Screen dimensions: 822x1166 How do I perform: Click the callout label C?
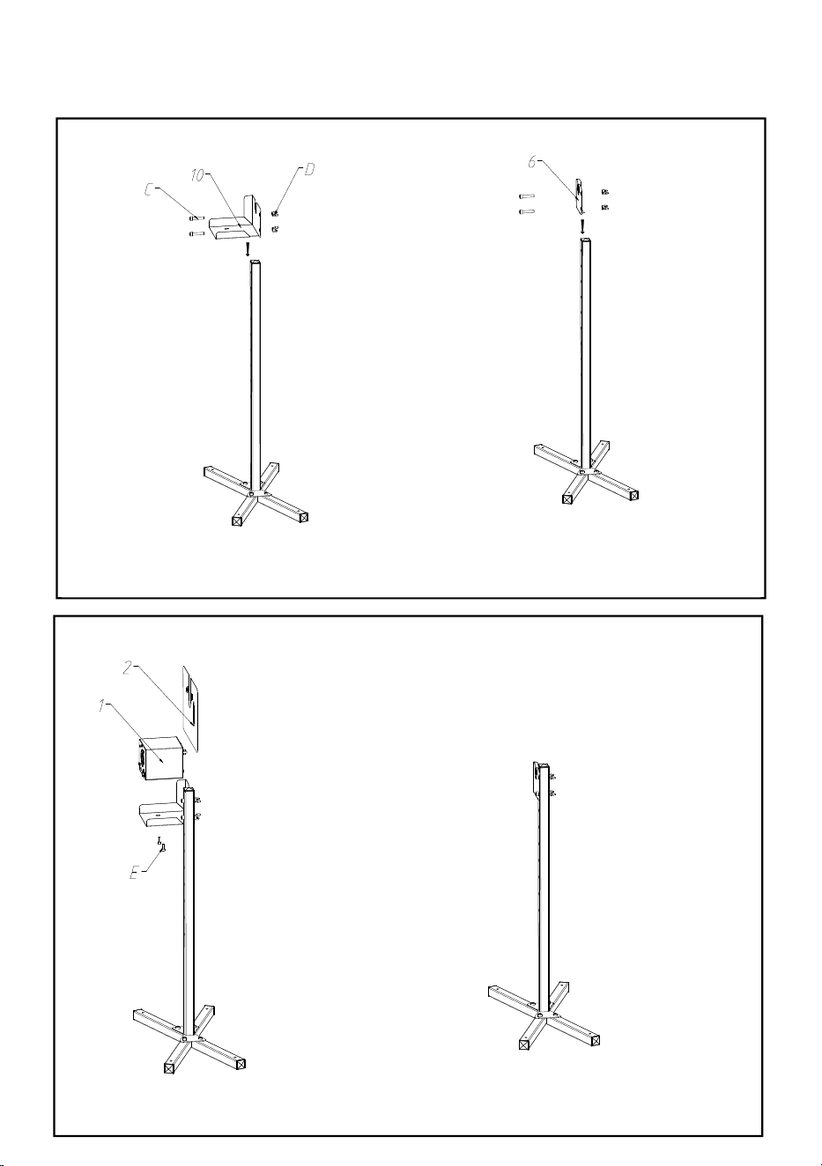pos(150,190)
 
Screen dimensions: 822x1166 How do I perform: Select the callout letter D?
pos(309,169)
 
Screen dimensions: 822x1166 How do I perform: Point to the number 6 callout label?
pos(531,162)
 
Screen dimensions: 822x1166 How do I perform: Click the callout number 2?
pos(127,668)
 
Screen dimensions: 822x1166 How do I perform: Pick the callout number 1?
pos(101,705)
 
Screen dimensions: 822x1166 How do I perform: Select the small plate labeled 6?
pos(580,196)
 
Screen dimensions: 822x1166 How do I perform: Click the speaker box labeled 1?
pos(160,758)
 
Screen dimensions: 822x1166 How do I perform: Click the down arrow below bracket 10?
pos(248,249)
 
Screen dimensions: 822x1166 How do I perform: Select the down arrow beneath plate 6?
pos(582,226)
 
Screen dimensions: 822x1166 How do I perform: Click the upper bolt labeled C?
pos(196,218)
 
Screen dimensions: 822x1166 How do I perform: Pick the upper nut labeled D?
pos(275,213)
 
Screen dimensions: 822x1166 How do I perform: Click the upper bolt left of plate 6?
pos(527,196)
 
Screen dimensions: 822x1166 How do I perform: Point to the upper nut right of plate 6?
pos(604,192)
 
